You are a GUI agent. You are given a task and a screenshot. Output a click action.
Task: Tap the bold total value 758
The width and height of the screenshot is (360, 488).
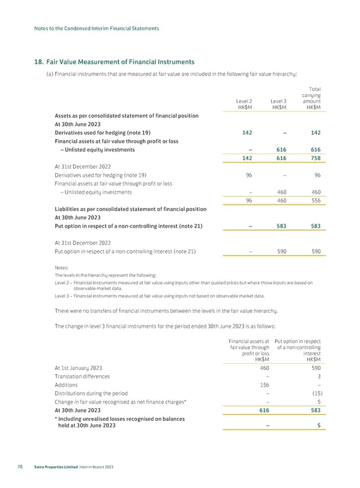314,158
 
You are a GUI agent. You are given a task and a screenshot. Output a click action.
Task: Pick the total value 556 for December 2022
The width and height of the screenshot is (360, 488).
314,201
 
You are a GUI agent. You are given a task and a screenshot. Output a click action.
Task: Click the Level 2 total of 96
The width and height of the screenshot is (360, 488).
245,201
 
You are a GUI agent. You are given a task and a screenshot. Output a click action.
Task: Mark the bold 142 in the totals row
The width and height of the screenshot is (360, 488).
245,158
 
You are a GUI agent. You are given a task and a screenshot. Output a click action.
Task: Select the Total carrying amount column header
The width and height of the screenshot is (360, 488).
313,95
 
